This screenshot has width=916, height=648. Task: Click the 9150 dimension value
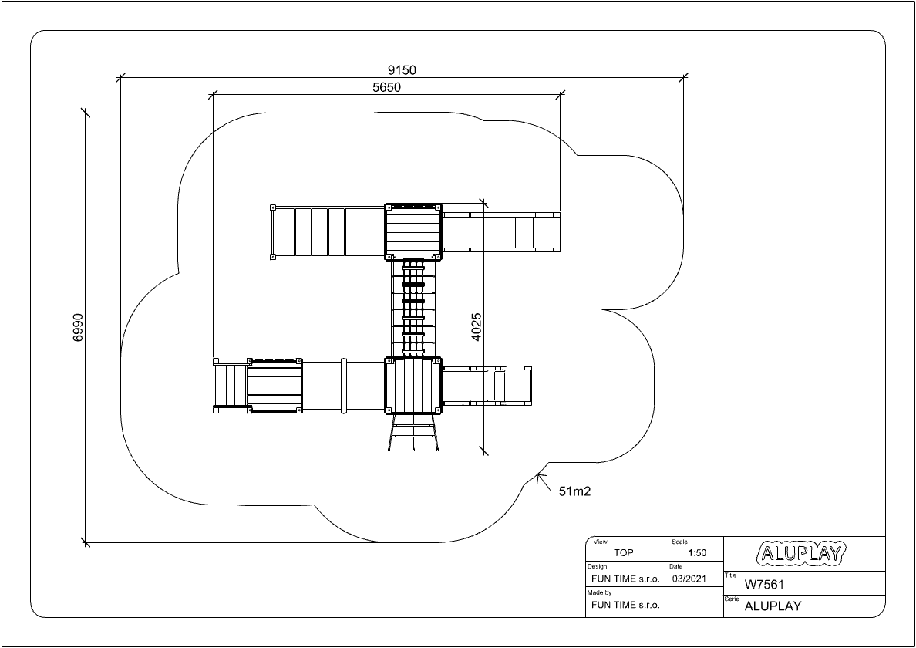[402, 70]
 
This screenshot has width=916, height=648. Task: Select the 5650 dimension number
[387, 88]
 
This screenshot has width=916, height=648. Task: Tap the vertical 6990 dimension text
[79, 327]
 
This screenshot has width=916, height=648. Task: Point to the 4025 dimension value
[477, 327]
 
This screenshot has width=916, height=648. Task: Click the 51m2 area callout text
[575, 491]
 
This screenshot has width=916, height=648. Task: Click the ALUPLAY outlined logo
[801, 553]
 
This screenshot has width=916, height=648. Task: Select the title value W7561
[764, 584]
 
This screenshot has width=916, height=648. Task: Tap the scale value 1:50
[697, 553]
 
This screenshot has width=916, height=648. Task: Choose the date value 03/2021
[689, 579]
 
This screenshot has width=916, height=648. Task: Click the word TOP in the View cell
[623, 553]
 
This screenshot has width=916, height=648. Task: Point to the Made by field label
[599, 592]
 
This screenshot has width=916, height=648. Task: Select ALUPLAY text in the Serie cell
[773, 606]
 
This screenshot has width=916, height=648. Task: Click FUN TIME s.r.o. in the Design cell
[625, 579]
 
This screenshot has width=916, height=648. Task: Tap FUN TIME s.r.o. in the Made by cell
[625, 605]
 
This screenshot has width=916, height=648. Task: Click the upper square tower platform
[413, 232]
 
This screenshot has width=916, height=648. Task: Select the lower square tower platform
[413, 386]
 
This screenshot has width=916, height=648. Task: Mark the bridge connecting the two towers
[413, 309]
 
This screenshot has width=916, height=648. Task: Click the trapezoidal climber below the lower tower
[413, 433]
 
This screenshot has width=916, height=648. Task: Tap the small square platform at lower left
[274, 386]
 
